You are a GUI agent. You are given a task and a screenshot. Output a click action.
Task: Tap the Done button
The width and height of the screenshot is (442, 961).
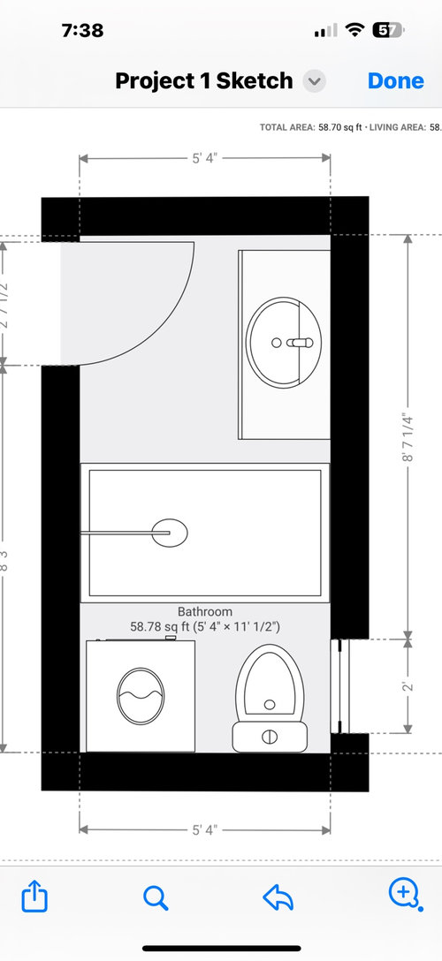pyautogui.click(x=396, y=80)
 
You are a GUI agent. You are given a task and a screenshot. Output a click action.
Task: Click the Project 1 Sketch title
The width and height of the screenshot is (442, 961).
pyautogui.click(x=203, y=81)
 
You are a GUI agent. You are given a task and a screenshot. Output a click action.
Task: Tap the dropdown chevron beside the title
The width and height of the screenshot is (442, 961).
pyautogui.click(x=314, y=81)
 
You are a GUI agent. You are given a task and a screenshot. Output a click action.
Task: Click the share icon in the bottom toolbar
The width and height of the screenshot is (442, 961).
pyautogui.click(x=33, y=897)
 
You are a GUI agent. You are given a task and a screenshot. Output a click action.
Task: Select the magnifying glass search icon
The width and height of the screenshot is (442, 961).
pyautogui.click(x=156, y=897)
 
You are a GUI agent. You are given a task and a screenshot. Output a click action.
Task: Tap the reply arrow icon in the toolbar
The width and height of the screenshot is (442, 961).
pyautogui.click(x=278, y=897)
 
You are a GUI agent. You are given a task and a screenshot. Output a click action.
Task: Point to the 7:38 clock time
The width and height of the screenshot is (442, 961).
pyautogui.click(x=82, y=30)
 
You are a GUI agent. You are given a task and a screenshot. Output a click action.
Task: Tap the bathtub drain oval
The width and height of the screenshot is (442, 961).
pyautogui.click(x=169, y=532)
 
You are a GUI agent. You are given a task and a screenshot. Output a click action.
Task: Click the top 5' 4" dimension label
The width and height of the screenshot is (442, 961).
pyautogui.click(x=205, y=159)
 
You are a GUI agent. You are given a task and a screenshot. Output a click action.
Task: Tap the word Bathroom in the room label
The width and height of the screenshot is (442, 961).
pyautogui.click(x=205, y=611)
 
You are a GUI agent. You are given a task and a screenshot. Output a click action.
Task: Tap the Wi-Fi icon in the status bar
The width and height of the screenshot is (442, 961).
pyautogui.click(x=355, y=30)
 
